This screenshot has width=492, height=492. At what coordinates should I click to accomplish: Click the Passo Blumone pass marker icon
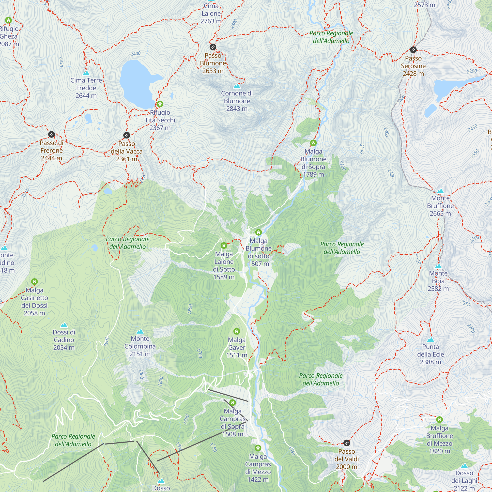(x=213, y=47)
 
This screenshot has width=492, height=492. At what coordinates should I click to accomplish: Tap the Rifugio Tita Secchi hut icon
(x=160, y=104)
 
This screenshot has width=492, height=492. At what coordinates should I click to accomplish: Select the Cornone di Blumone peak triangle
(x=237, y=86)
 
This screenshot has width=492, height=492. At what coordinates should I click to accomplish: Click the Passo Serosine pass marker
(x=413, y=50)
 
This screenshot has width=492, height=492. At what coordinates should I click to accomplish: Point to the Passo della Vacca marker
(x=126, y=135)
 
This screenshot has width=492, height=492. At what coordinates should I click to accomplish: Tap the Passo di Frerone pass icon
(x=51, y=134)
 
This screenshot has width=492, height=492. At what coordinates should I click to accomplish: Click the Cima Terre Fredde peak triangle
(x=86, y=73)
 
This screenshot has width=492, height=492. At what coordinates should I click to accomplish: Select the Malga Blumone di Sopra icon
(x=313, y=143)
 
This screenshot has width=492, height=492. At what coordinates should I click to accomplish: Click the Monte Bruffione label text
(x=440, y=206)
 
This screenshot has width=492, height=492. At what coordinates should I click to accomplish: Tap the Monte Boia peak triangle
(x=438, y=266)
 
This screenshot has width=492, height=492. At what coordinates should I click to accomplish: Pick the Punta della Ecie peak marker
(x=430, y=340)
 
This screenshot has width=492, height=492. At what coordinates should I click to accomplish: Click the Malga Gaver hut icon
(x=237, y=331)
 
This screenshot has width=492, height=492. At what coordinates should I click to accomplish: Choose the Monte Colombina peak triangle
(x=140, y=332)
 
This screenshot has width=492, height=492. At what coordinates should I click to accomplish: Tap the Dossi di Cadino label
(x=64, y=340)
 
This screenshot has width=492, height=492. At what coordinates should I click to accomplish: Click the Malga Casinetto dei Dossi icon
(x=34, y=282)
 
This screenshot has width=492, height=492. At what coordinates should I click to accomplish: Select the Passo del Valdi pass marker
(x=347, y=443)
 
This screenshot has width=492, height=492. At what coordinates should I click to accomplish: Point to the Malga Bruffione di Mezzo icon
(x=440, y=420)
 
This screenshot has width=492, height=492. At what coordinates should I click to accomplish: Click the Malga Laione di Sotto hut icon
(x=224, y=246)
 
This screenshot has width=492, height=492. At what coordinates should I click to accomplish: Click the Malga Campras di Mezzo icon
(x=258, y=448)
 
